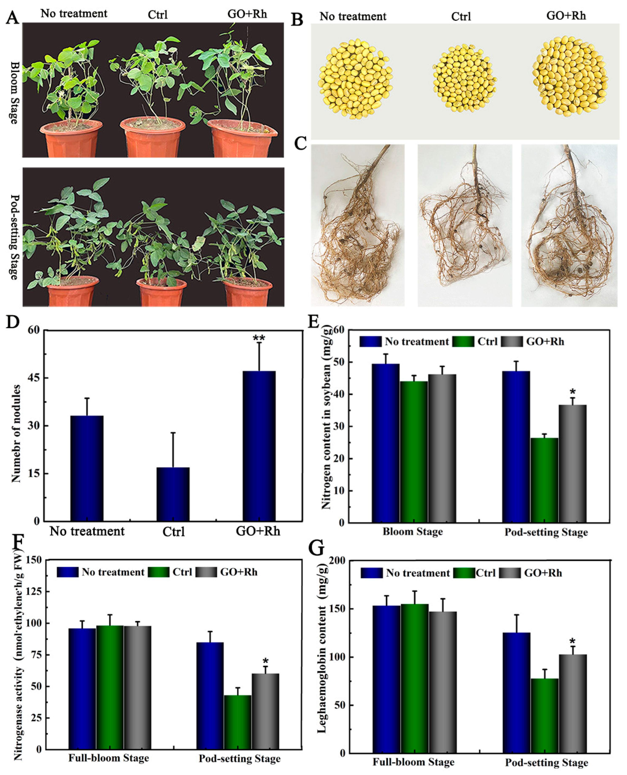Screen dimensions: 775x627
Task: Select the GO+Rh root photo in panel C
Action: (x=569, y=226)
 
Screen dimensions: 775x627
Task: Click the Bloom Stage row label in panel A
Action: (x=14, y=92)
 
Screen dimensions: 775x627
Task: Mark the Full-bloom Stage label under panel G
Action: (x=413, y=762)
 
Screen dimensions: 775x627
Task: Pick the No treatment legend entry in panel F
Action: (x=113, y=572)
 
